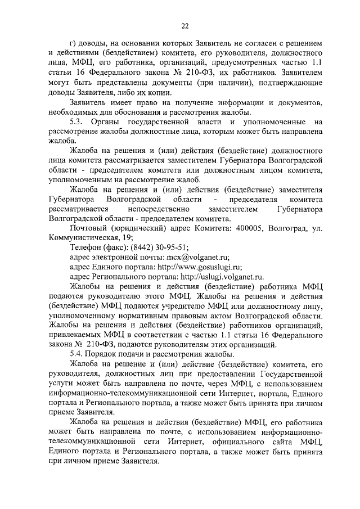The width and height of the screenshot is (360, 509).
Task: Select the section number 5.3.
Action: point(78,122)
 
